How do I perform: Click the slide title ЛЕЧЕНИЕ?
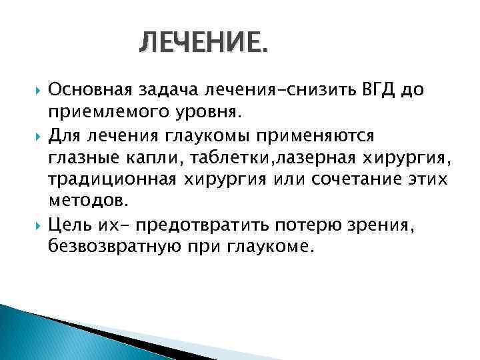(205, 46)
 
